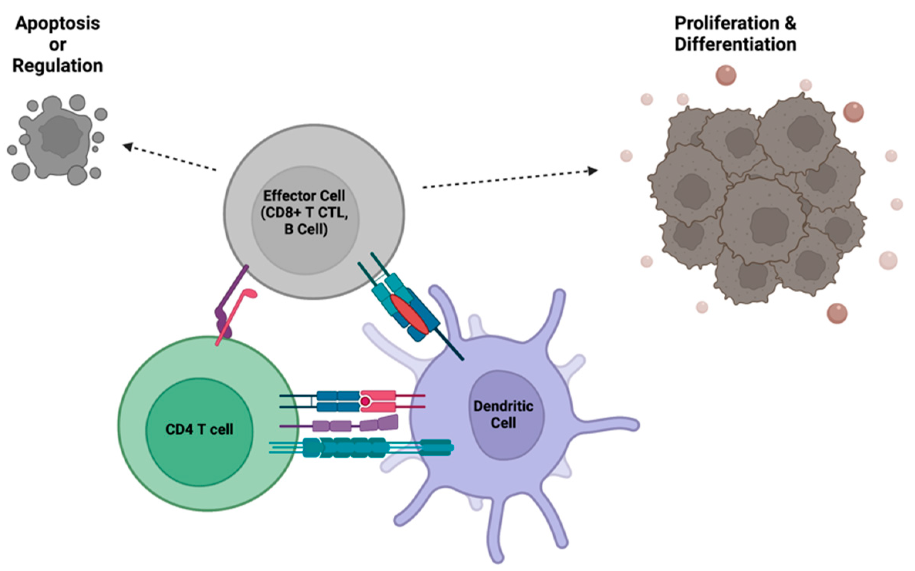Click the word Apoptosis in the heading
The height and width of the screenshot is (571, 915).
click(x=58, y=24)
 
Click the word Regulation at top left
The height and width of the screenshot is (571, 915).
click(x=58, y=66)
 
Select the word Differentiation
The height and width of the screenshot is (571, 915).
click(x=735, y=44)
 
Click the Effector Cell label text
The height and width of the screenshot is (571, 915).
click(x=304, y=196)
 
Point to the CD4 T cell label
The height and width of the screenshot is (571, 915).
click(x=199, y=429)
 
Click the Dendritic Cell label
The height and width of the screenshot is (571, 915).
click(x=503, y=414)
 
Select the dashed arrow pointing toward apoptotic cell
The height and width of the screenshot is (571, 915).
click(x=170, y=157)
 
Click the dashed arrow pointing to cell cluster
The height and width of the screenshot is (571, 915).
click(x=509, y=179)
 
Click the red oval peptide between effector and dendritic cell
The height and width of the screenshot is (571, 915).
click(x=409, y=314)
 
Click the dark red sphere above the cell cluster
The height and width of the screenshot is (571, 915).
click(x=726, y=75)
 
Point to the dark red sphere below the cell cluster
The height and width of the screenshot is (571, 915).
click(x=837, y=313)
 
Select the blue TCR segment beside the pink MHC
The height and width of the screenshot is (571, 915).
click(x=338, y=401)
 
